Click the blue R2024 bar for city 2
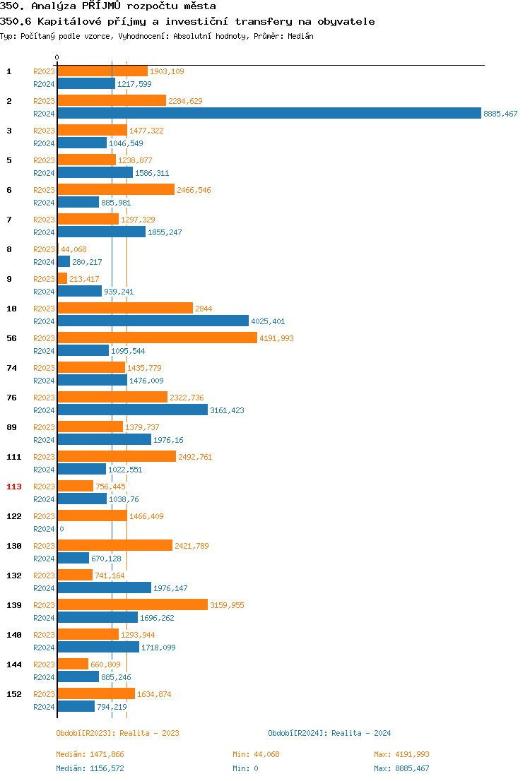coord(269,114)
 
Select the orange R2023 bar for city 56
coord(157,338)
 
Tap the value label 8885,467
coord(500,114)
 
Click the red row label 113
coord(14,487)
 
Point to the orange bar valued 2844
coord(125,309)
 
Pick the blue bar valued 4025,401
coord(153,321)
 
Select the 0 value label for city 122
coord(61,529)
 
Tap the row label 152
coord(14,694)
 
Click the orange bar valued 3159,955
coord(132,605)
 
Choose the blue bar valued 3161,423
coord(132,410)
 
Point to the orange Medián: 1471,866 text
coord(90,754)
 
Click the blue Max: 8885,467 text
coord(401,768)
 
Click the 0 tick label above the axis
coord(57,57)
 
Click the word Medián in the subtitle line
coord(300,36)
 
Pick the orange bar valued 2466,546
coord(116,190)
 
